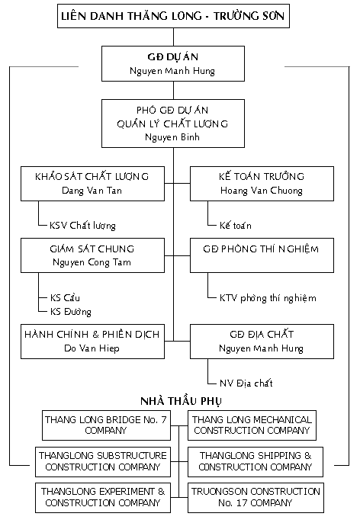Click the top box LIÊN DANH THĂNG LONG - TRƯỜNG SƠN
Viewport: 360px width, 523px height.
pos(173,16)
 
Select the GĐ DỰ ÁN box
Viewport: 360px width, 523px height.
pos(173,63)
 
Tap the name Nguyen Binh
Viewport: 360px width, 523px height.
pos(172,137)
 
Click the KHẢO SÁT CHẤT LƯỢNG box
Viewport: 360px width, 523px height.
pos(92,184)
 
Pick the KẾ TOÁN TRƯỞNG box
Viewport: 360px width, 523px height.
pos(262,184)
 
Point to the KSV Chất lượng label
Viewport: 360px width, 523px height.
pos(82,226)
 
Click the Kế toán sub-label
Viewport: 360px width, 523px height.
pos(235,225)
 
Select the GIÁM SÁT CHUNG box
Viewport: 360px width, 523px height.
pos(92,255)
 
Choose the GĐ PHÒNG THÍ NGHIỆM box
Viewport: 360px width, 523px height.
pos(262,255)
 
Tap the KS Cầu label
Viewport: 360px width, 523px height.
pos(65,297)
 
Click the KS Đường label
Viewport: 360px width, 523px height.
pos(71,312)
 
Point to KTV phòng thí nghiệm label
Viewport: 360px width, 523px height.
pos(268,298)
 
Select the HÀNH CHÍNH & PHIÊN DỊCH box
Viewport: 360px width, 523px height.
pos(92,342)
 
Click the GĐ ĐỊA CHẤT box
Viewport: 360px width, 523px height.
pos(262,342)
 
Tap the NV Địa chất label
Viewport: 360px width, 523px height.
pos(246,383)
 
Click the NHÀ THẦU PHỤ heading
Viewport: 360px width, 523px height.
pos(181,401)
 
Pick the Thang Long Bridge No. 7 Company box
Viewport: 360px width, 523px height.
pos(106,425)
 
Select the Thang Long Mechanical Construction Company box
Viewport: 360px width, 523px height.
pos(252,425)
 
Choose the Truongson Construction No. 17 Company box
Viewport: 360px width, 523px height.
pos(256,498)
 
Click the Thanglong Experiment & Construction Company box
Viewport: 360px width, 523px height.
pos(103,498)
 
